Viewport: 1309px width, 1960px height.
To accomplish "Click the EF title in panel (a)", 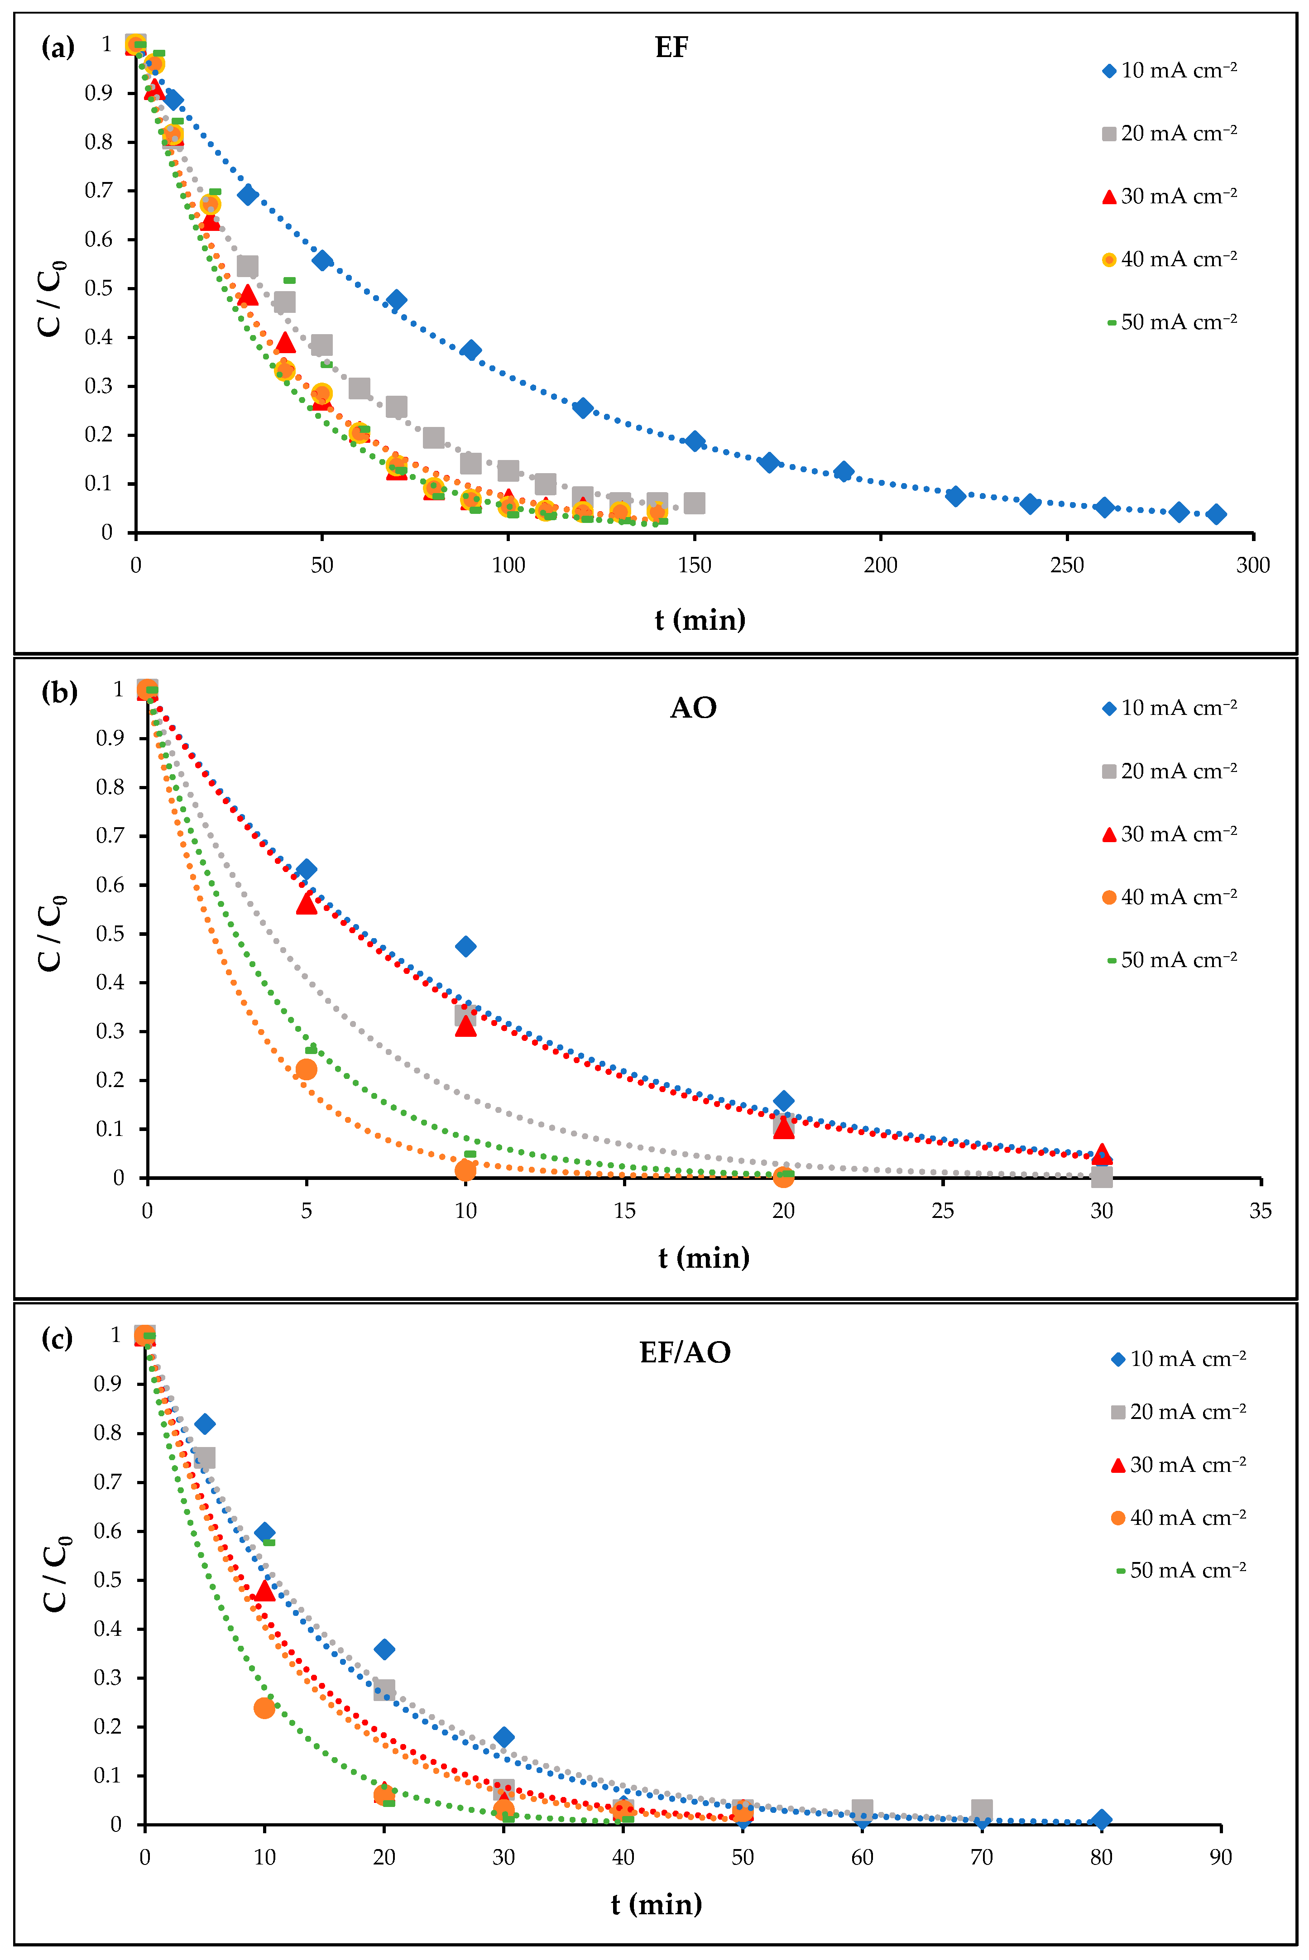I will [671, 48].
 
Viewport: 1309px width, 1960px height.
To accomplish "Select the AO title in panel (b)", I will [693, 708].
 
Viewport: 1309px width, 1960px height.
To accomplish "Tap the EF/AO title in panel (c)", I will [685, 1352].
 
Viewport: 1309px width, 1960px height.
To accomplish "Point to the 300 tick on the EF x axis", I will [1252, 565].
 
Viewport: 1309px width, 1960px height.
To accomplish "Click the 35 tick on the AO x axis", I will [1260, 1210].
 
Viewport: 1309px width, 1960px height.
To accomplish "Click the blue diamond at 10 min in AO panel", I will [466, 946].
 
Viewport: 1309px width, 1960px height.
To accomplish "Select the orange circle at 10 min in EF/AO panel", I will [264, 1707].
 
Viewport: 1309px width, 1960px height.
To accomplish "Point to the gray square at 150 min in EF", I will [694, 503].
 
